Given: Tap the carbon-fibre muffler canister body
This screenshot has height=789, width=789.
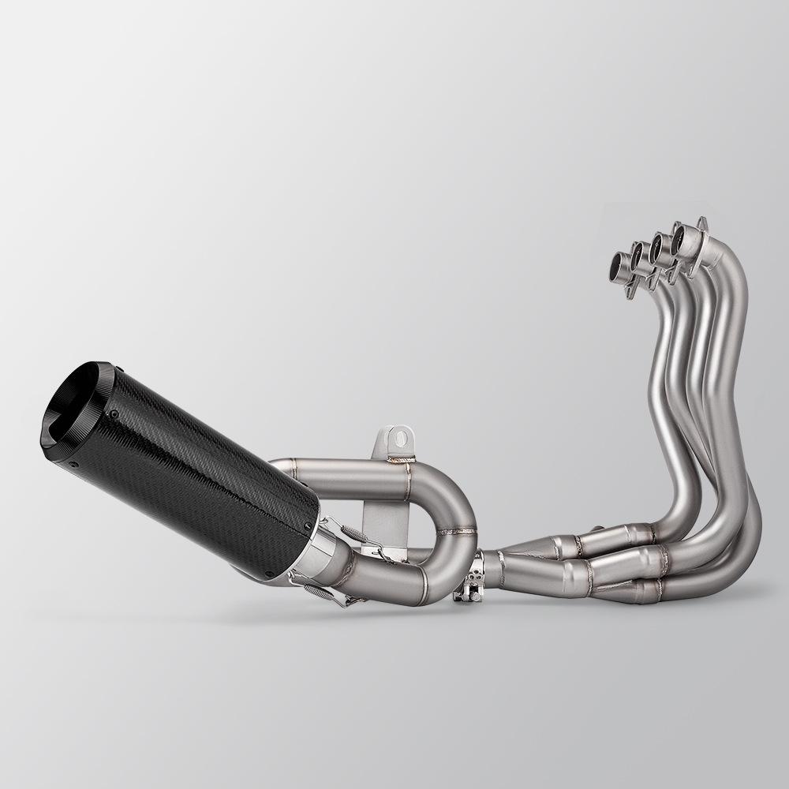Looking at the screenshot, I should click(x=197, y=473).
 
